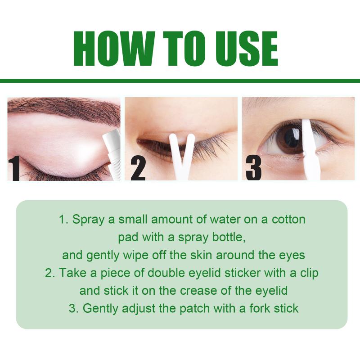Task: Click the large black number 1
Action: [14, 168]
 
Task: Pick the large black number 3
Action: [253, 167]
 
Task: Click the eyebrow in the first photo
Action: [67, 109]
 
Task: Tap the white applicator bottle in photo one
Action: [112, 155]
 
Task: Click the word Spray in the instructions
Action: [88, 220]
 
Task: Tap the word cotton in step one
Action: [288, 220]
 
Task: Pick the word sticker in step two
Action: [243, 273]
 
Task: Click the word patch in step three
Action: [194, 309]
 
